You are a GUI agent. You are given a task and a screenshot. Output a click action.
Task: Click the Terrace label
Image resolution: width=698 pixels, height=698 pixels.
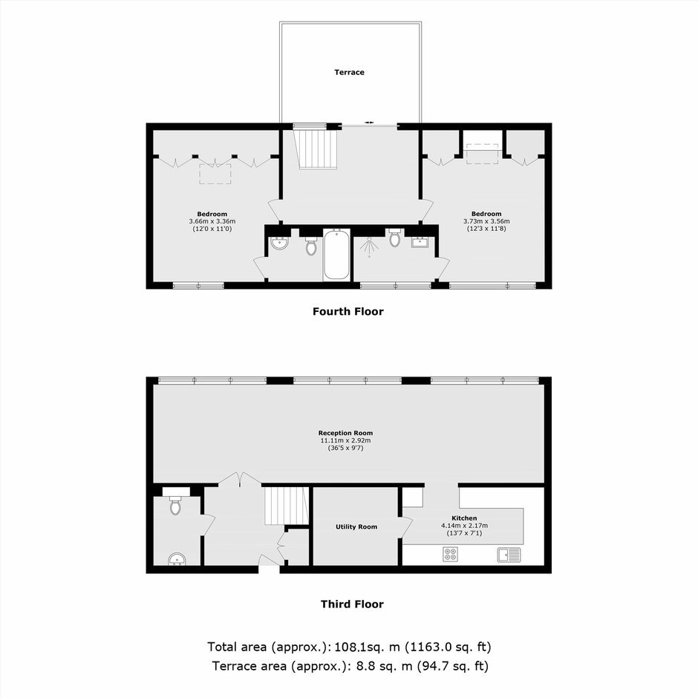point(350,72)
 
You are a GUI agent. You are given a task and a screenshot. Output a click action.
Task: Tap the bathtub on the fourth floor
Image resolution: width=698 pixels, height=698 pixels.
point(336,254)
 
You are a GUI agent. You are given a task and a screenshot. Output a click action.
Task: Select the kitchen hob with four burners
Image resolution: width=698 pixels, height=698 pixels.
point(451,554)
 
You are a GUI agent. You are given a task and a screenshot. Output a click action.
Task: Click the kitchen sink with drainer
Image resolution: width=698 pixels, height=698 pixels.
point(509,555)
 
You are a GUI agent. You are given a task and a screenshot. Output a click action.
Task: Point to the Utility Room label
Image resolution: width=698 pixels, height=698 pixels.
point(356,526)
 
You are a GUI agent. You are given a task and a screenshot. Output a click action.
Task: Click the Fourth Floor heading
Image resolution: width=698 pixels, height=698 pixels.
point(348,311)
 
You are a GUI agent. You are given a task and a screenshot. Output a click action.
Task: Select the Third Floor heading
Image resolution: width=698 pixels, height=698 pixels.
point(352,604)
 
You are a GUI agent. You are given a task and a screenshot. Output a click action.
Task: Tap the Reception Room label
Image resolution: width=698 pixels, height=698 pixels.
point(345,433)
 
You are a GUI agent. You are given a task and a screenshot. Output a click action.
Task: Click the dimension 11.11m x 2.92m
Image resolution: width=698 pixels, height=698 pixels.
point(345,440)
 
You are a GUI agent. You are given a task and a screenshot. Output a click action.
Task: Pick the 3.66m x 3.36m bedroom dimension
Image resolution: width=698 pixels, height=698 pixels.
point(212,221)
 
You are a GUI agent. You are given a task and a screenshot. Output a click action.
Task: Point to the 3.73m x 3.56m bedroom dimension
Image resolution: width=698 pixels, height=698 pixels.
point(486,221)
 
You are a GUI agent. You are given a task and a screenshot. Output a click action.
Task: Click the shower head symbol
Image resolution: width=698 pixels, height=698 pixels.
point(369,247)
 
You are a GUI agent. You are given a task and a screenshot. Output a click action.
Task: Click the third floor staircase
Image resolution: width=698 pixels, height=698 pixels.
point(287,506)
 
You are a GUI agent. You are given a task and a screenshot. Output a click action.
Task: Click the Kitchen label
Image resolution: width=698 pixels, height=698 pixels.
point(464,518)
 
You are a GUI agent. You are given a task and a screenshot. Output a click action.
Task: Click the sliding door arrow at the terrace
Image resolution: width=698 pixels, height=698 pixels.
point(369,122)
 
